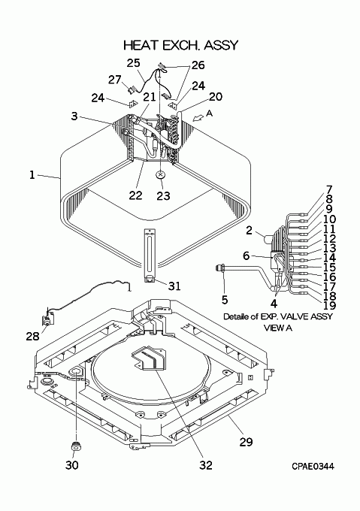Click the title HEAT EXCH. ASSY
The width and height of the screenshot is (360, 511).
tap(181, 45)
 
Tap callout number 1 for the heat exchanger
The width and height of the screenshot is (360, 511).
tap(32, 175)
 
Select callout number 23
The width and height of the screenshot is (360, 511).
tap(163, 195)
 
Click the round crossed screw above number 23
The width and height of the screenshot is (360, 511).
tap(160, 174)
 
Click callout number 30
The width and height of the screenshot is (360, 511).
tap(72, 465)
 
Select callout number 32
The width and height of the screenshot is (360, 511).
tap(206, 465)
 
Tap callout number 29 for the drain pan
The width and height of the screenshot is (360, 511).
tap(246, 442)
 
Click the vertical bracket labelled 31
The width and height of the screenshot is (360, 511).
tap(150, 256)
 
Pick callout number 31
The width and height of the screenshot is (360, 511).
tap(174, 286)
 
